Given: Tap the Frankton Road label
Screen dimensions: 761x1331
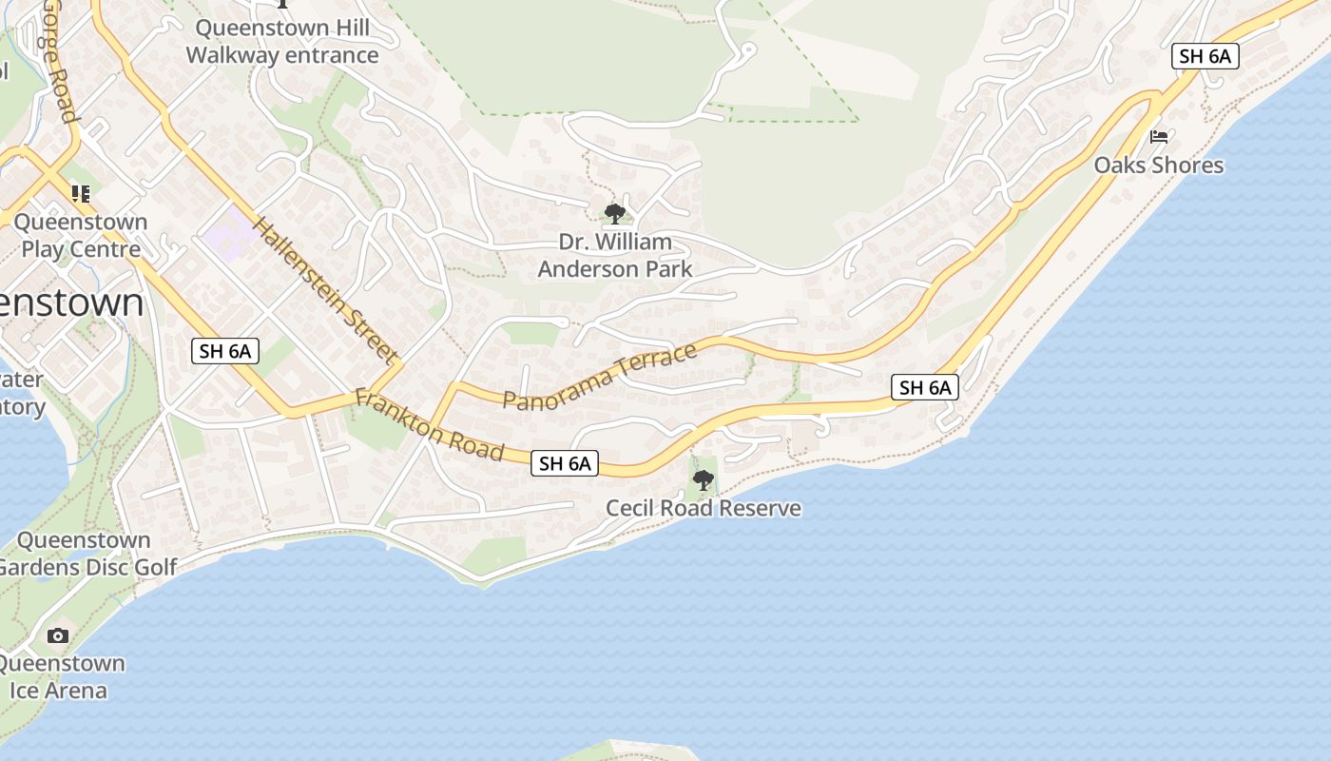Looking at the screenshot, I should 429,425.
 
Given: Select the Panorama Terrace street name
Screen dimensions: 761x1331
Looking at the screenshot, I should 600,378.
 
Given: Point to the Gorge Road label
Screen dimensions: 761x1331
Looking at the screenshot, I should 56,62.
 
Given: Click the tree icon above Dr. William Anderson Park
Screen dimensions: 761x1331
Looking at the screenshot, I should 615,213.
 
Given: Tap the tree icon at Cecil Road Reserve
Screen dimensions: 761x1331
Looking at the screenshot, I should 704,480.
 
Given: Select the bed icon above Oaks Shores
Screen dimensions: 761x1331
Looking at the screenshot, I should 1158,137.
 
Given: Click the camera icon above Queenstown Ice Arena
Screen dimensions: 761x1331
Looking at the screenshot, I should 58,635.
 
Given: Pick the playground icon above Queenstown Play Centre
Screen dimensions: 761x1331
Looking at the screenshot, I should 81,194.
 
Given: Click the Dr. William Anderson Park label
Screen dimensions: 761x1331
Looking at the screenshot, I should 615,255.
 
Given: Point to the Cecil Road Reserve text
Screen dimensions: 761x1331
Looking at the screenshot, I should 704,509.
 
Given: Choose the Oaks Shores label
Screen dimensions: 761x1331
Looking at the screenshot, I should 1158,166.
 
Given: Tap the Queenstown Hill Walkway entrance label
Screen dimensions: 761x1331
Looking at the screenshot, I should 282,42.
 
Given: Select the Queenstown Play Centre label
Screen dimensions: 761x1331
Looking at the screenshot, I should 81,236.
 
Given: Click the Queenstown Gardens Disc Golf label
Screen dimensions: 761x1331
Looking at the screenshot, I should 86,554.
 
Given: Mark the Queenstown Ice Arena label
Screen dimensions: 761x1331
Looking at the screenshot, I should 59,676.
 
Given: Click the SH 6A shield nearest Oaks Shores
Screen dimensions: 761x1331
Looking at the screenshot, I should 1205,56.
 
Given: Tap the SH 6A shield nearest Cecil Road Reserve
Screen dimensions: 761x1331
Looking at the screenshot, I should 566,463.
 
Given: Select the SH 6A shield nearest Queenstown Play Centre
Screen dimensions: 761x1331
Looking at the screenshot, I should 225,351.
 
